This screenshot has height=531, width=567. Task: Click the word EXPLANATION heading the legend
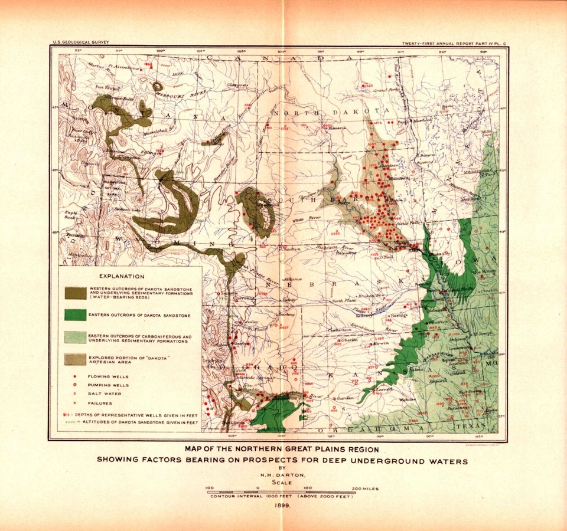point(122,276)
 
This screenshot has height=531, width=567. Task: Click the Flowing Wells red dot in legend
point(73,376)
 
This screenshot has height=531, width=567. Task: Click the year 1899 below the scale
point(281,505)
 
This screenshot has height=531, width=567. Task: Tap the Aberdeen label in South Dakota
point(387,166)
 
